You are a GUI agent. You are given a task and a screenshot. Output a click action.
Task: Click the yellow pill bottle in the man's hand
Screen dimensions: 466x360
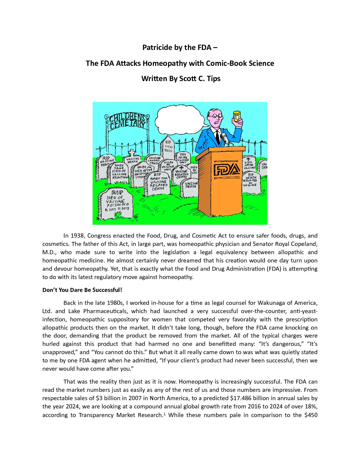pos(237,117)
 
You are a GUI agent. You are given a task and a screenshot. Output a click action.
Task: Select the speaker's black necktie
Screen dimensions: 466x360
pos(217,136)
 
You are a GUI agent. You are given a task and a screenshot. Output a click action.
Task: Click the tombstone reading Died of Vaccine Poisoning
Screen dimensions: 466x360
pos(115,203)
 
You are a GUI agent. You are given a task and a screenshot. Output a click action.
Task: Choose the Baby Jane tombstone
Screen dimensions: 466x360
pos(118,172)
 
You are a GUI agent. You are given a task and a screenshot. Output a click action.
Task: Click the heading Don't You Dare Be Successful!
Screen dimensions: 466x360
pos(82,290)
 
